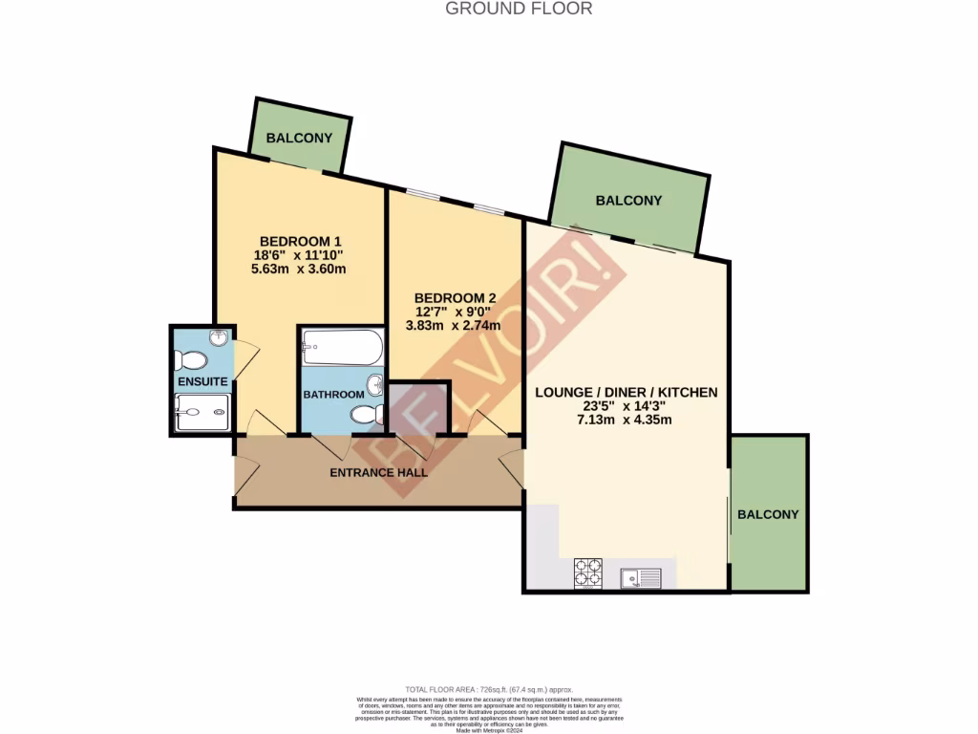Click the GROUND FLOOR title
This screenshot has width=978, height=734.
(x=519, y=9)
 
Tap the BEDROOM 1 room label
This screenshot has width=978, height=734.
(x=299, y=241)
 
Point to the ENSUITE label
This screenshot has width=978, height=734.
(x=202, y=382)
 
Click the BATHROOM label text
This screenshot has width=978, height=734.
(x=333, y=395)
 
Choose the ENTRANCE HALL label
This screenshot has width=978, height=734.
(x=378, y=472)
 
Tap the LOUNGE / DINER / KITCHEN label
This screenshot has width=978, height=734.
(x=626, y=392)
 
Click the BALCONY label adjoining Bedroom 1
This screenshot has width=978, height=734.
(x=299, y=138)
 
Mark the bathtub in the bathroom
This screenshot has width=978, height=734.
(x=342, y=347)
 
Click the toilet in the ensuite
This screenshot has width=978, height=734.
(x=190, y=361)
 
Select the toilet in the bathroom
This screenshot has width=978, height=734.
(x=367, y=415)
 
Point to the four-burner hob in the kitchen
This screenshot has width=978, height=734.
(x=587, y=573)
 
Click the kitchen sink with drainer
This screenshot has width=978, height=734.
(x=639, y=576)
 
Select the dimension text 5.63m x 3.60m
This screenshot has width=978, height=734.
(x=299, y=269)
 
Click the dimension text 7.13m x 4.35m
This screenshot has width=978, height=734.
(x=626, y=421)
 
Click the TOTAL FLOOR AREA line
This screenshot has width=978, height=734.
(x=489, y=689)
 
